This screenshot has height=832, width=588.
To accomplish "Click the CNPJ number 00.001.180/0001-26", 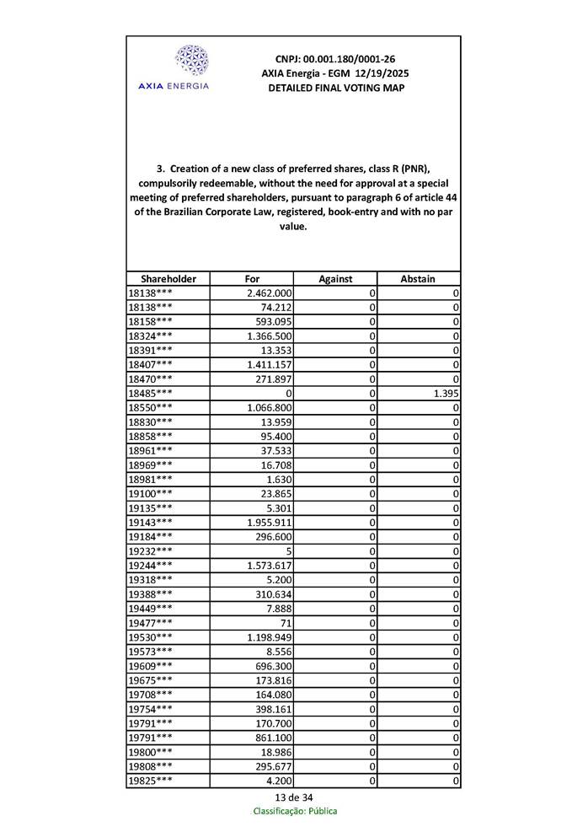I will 335,60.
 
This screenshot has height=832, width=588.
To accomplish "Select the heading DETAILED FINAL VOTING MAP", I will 335,89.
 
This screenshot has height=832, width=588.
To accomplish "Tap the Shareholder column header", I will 168,279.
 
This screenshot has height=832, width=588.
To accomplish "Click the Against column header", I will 335,279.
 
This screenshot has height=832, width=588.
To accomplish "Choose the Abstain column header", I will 419,279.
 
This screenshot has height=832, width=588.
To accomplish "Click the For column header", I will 252,279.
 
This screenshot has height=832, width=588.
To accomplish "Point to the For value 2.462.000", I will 269,293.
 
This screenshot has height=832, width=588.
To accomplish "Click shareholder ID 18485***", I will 151,394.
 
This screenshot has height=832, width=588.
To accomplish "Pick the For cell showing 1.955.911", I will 269,523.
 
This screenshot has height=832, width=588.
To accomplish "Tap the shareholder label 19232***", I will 151,551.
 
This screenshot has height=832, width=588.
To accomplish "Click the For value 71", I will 286,623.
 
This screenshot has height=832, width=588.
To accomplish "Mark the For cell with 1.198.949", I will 269,637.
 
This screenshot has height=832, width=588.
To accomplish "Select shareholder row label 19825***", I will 151,781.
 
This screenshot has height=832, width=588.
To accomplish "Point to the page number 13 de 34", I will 294,797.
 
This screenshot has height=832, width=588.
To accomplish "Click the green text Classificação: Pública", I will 295,811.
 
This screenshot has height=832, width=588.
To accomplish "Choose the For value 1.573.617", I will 269,566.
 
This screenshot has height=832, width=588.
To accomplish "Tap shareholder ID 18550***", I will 151,408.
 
